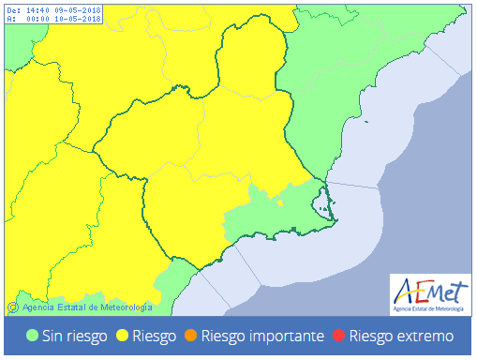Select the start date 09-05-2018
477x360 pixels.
[80, 10]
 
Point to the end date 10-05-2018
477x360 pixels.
[80, 19]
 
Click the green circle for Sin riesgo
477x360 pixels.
[32, 336]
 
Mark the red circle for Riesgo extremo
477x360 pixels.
[339, 336]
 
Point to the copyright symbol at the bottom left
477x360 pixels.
[12, 307]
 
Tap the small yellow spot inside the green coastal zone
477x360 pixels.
[281, 201]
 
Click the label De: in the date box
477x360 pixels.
[13, 10]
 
